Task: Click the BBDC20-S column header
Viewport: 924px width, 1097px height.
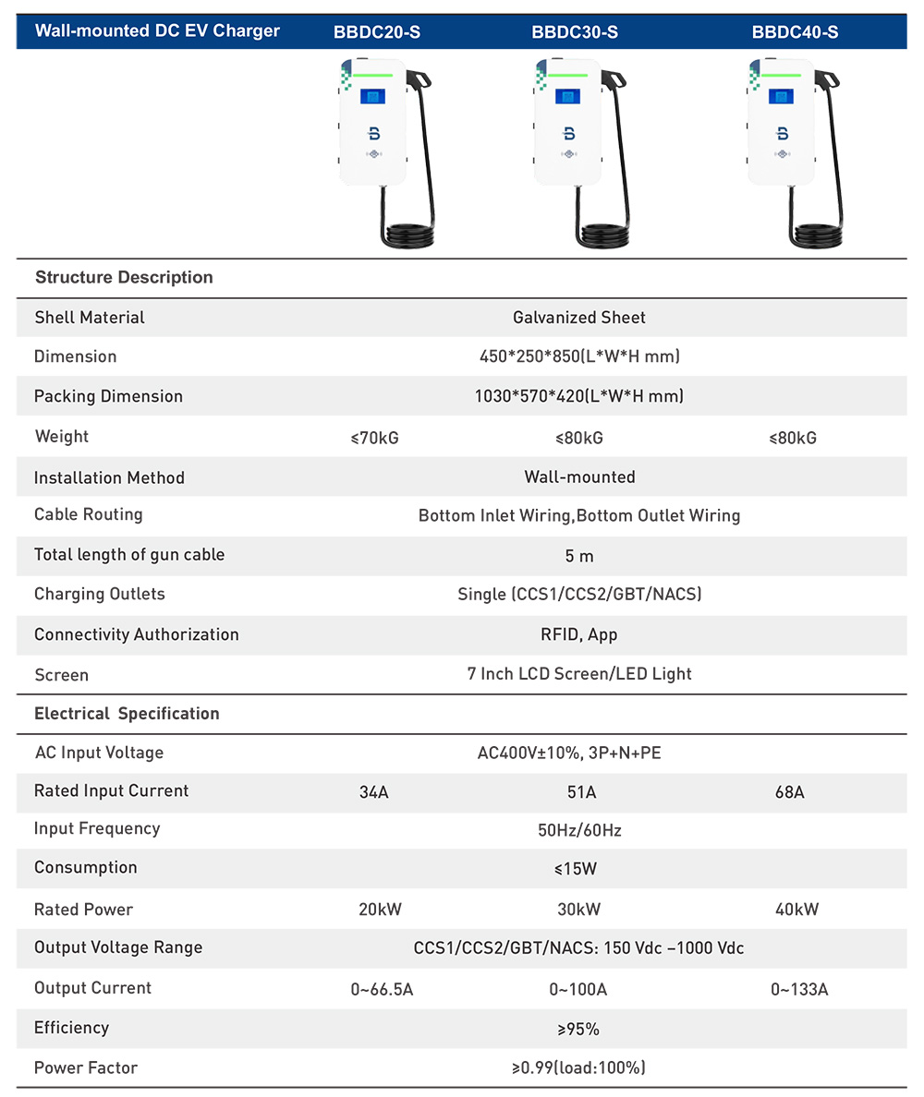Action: (377, 32)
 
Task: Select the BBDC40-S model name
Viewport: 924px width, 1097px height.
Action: (795, 32)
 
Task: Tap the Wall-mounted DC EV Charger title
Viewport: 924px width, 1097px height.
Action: (157, 30)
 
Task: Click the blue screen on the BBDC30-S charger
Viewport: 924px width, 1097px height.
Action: (567, 97)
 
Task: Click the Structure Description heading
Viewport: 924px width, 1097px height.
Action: (124, 277)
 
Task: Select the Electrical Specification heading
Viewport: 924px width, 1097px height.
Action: (127, 713)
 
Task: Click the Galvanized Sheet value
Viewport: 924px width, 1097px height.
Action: (579, 318)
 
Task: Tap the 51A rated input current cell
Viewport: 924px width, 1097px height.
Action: (579, 792)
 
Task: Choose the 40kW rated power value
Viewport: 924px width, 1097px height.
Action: (796, 910)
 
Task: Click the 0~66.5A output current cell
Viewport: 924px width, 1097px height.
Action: (382, 990)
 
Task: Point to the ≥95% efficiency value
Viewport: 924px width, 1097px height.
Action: (579, 1029)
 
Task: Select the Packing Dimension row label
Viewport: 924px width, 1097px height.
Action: (108, 396)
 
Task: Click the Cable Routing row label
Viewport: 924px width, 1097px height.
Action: (89, 514)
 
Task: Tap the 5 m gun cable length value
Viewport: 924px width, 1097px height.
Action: (579, 555)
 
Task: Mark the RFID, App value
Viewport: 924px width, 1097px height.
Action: (579, 634)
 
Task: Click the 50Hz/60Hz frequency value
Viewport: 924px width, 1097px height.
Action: (579, 830)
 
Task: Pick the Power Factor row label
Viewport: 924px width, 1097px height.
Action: (86, 1067)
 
